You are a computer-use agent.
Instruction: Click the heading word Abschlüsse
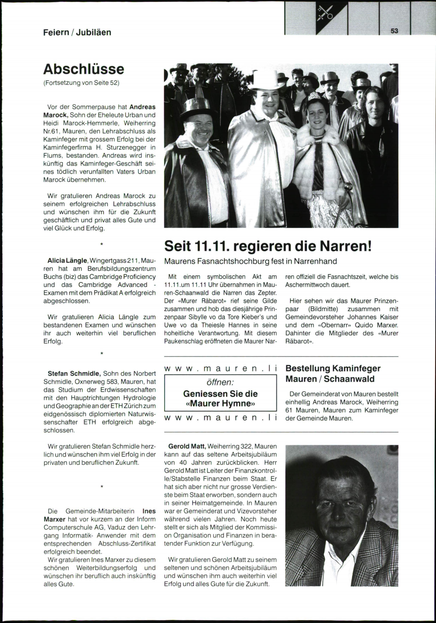(84, 69)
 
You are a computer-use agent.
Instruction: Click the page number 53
(395, 31)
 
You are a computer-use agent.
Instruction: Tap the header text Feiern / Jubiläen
(77, 32)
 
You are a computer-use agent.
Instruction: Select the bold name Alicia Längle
(68, 261)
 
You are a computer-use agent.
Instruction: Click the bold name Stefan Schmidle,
(74, 373)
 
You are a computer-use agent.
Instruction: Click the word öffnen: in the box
(220, 382)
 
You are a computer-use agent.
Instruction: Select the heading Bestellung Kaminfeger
(333, 368)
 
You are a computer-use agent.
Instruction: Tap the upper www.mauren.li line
(221, 368)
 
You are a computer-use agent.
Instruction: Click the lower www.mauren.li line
(221, 418)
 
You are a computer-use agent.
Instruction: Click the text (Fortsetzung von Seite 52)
(81, 83)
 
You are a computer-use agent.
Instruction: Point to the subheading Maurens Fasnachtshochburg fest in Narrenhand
(251, 261)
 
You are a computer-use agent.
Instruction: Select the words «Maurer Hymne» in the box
(220, 403)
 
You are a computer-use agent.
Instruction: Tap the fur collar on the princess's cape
(316, 140)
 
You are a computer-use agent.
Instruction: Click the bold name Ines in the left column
(149, 511)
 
